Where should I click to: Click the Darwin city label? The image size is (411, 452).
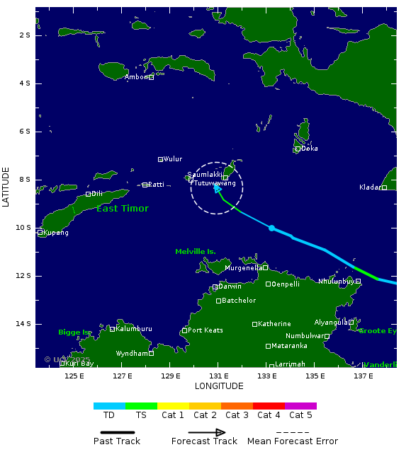point(230,286)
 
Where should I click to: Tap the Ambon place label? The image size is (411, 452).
point(136,77)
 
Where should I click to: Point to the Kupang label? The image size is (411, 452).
point(56,233)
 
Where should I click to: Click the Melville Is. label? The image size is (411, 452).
point(196,252)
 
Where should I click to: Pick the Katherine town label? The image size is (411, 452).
point(274,324)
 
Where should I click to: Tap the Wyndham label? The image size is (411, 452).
point(133,353)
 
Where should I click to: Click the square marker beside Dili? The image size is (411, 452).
point(88,194)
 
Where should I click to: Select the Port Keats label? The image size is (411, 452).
point(205,330)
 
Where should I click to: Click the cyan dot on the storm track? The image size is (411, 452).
point(271,228)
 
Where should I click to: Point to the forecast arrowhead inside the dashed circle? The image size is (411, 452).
point(218,188)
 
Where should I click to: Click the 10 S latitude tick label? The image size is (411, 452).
point(24,228)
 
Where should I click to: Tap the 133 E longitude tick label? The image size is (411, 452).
point(266,376)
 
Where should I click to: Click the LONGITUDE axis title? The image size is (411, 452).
point(219,386)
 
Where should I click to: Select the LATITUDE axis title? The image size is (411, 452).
point(6,187)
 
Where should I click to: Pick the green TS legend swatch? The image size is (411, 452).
point(141,406)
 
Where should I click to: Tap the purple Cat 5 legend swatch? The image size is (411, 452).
point(300,406)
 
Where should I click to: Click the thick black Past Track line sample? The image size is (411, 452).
point(116,432)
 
